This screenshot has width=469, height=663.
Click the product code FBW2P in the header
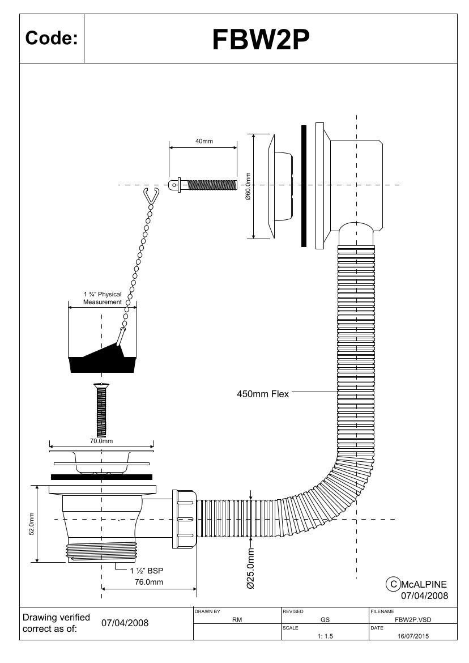click(261, 39)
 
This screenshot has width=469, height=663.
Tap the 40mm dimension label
click(204, 141)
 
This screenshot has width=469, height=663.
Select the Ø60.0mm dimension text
click(248, 186)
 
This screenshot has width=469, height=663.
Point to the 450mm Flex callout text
click(262, 394)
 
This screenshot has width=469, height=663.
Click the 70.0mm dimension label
click(101, 440)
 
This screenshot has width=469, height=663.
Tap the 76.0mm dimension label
click(149, 582)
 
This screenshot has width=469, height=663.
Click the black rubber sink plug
click(103, 364)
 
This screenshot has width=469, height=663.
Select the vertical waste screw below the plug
click(101, 409)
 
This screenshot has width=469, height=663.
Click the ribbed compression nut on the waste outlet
click(185, 518)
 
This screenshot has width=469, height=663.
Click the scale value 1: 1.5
click(325, 636)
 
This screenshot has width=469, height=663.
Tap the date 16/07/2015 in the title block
click(413, 636)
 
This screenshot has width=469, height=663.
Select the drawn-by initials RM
click(237, 620)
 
